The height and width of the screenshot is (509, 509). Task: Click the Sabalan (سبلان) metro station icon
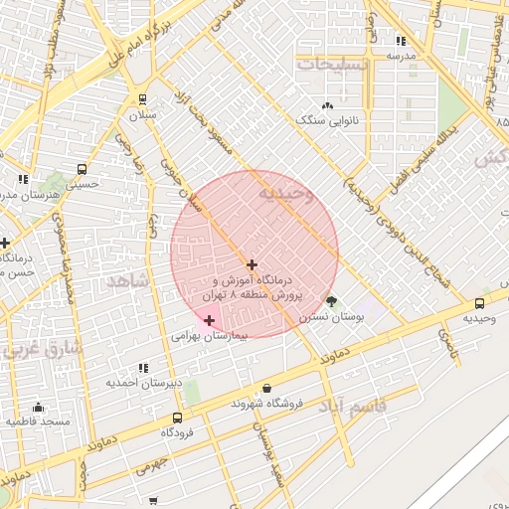click(143, 99)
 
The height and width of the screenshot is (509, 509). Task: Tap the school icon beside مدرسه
click(400, 41)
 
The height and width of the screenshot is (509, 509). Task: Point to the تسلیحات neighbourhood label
click(335, 64)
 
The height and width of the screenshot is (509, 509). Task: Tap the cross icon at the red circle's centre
click(253, 264)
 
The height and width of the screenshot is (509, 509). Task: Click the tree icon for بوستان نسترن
click(331, 301)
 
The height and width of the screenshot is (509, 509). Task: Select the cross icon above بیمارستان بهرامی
click(209, 320)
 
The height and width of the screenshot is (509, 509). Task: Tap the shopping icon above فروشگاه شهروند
click(266, 389)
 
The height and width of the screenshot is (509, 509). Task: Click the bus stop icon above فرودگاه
click(177, 419)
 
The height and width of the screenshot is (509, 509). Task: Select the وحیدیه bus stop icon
click(480, 303)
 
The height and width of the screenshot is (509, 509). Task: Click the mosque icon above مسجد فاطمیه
click(38, 407)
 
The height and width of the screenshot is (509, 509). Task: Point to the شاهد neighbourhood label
click(126, 282)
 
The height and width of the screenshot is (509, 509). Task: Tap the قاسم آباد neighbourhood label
click(353, 407)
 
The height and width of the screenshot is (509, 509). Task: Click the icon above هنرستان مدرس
click(23, 179)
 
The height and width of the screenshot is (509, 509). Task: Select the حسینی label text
click(82, 184)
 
